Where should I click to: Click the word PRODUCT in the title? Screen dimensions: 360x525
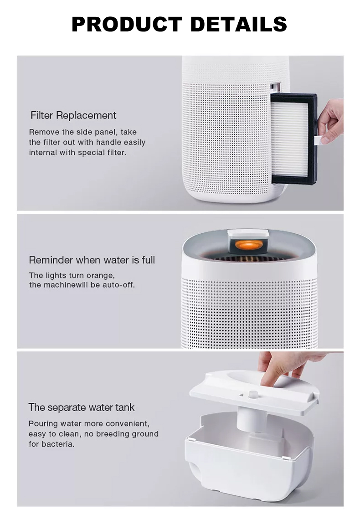(x=127, y=24)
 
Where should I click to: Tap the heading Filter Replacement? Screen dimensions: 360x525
(x=73, y=115)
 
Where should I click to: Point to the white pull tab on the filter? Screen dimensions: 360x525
(x=318, y=140)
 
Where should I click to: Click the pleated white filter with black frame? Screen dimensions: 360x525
(x=293, y=139)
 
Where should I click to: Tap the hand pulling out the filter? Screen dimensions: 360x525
(x=331, y=120)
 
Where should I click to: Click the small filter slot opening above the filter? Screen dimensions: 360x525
(x=275, y=87)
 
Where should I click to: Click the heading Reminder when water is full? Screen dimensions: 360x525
(x=92, y=260)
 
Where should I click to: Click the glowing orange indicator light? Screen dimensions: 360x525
(x=249, y=245)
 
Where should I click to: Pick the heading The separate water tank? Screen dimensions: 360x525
(x=82, y=407)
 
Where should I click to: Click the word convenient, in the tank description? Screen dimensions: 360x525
(x=128, y=424)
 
